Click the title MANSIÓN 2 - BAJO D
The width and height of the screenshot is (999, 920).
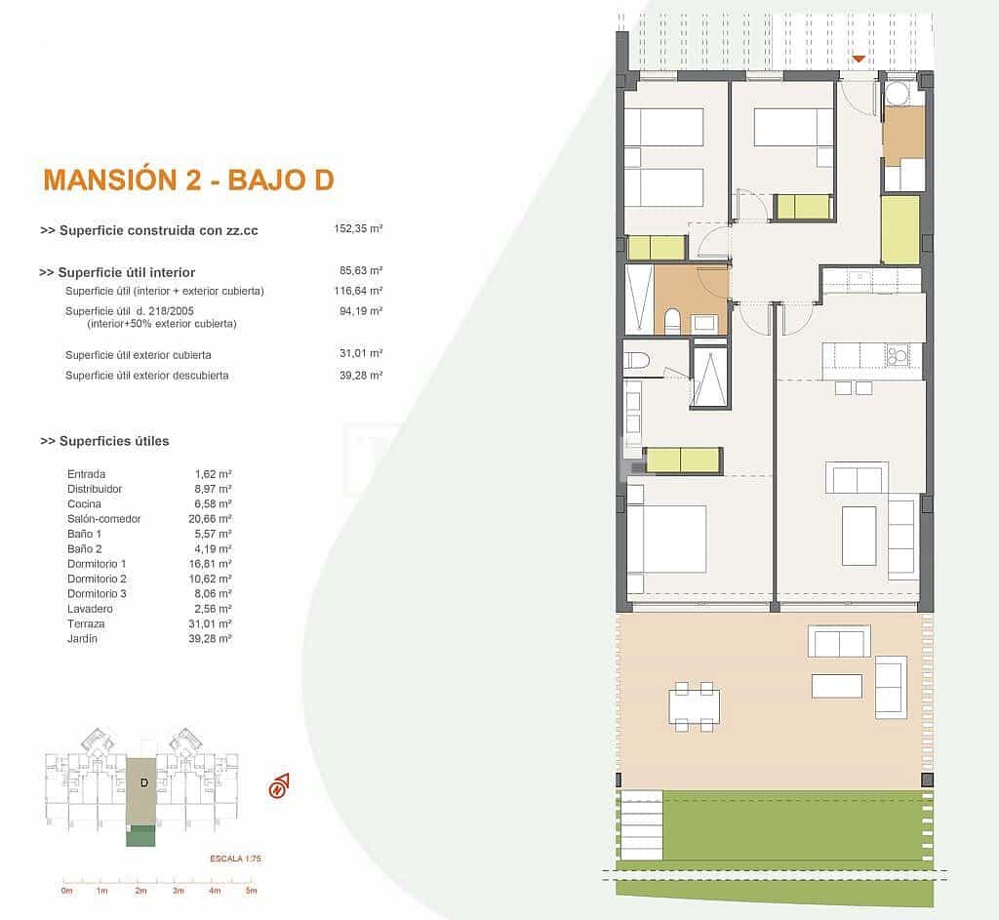click(188, 180)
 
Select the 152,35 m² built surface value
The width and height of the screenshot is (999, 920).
click(358, 229)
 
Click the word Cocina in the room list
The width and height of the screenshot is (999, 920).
click(84, 503)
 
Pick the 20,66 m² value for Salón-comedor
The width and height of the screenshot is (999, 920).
click(210, 519)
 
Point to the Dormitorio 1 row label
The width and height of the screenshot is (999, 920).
click(97, 564)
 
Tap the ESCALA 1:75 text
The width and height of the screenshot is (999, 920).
click(235, 859)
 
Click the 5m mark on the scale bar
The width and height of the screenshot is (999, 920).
click(251, 891)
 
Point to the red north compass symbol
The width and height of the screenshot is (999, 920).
click(280, 784)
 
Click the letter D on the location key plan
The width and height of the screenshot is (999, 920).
click(143, 782)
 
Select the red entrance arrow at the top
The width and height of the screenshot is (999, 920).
click(858, 60)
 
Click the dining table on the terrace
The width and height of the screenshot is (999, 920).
click(695, 705)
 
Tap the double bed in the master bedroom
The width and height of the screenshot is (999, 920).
click(666, 540)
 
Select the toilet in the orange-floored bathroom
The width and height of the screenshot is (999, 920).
click(671, 321)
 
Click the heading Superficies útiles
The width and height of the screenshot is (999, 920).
click(104, 441)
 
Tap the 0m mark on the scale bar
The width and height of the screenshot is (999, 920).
click(66, 891)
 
